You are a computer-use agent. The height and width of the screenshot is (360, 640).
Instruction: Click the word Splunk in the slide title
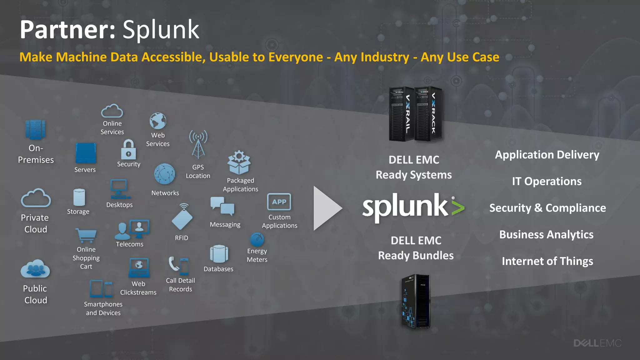click(x=161, y=30)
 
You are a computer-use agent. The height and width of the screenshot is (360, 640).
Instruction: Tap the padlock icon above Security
click(x=128, y=150)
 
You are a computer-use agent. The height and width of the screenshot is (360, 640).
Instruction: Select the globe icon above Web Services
click(x=158, y=121)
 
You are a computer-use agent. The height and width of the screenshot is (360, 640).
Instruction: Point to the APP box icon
click(x=279, y=202)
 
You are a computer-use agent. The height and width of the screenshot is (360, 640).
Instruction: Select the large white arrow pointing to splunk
click(x=327, y=208)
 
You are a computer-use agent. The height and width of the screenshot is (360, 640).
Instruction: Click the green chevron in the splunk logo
click(x=458, y=208)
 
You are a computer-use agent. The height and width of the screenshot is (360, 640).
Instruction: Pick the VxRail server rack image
click(x=401, y=114)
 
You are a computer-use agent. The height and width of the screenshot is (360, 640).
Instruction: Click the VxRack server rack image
click(x=428, y=114)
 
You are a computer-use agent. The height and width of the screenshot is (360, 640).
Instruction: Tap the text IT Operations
click(x=547, y=181)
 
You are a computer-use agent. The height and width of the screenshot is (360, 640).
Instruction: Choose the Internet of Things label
click(x=547, y=261)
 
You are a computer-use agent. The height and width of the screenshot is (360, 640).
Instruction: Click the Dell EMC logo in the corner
click(x=597, y=343)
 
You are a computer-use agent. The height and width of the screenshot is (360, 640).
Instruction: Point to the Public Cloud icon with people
click(x=35, y=269)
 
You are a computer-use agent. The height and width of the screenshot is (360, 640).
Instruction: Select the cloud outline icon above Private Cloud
click(x=36, y=198)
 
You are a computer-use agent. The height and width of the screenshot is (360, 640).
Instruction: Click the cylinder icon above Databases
click(x=219, y=254)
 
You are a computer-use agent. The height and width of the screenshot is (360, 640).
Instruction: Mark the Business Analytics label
click(x=546, y=234)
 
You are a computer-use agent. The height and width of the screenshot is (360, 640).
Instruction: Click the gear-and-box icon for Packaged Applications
click(x=239, y=162)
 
